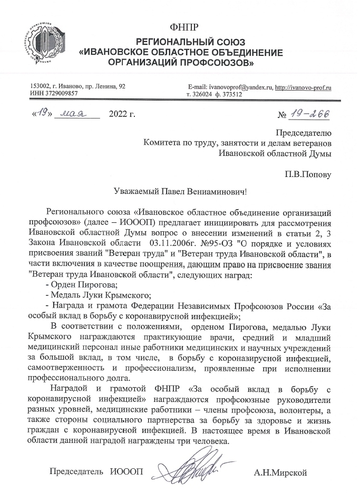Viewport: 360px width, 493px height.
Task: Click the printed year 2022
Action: coord(122,113)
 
